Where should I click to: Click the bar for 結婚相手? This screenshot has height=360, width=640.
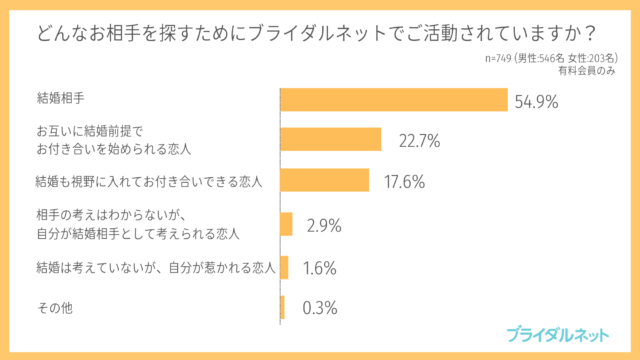[x=395, y=100]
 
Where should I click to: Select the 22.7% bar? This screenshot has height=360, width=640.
[x=331, y=139]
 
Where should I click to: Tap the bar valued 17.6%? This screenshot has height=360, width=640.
[x=325, y=180]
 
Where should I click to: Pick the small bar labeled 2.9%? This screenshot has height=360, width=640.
[x=287, y=224]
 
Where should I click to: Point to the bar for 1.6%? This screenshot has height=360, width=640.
[x=284, y=267]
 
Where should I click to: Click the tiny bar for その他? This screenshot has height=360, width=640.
[x=282, y=307]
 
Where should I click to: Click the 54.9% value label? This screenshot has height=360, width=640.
[x=536, y=101]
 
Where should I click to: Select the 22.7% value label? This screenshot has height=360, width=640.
[x=420, y=140]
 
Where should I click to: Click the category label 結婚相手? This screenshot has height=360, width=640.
[x=61, y=100]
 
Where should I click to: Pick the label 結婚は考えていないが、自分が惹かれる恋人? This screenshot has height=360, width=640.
[x=155, y=267]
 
